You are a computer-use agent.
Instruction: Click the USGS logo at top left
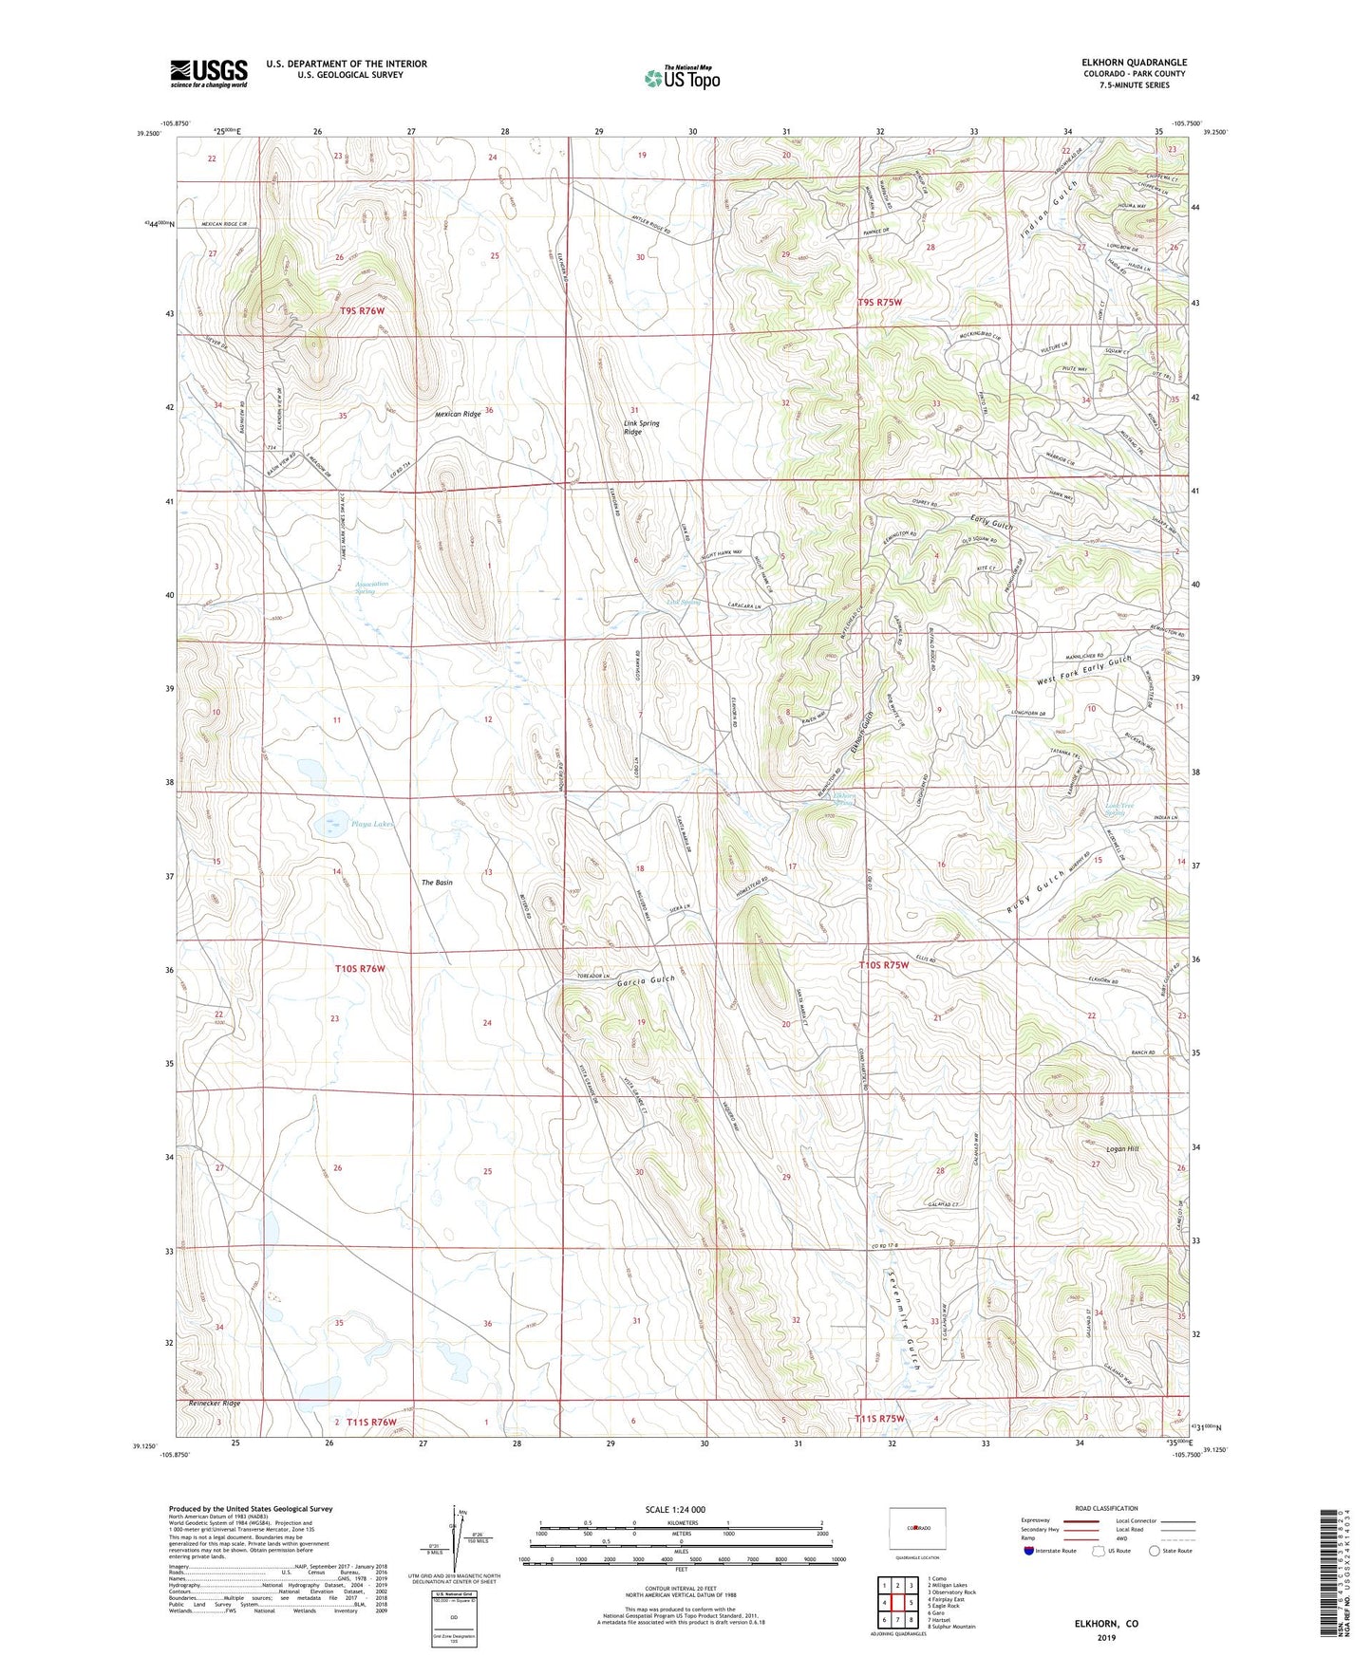(209, 73)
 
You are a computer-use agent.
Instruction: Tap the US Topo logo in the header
(681, 77)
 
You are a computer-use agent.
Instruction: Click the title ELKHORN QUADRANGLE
(1135, 63)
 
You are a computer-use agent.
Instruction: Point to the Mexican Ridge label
(459, 415)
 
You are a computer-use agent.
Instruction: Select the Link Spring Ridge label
(641, 427)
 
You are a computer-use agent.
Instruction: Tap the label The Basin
(437, 883)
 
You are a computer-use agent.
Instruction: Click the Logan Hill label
(1121, 1148)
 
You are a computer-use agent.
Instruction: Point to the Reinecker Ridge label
(214, 1403)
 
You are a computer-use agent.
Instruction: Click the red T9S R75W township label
(879, 302)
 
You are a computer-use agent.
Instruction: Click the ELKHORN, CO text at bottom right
(1106, 1624)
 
